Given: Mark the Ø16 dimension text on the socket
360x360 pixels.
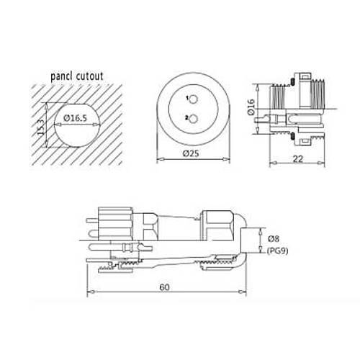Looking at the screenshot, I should pos(248,108).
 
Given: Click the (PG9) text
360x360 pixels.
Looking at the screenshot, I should pos(276,251).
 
